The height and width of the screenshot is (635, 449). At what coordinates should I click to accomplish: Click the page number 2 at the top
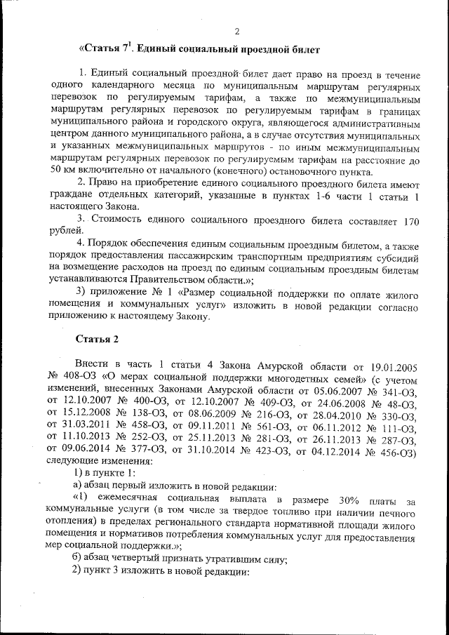236,32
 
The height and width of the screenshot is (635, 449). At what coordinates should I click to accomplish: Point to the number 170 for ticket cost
412,219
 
